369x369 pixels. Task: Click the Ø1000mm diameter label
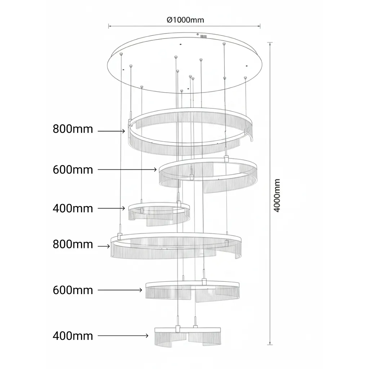coord(185,20)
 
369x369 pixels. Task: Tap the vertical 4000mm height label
coord(277,195)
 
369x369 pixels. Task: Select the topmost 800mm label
coord(73,129)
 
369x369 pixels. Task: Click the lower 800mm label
coord(73,244)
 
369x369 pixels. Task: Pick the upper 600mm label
coord(73,170)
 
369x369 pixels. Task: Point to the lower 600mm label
coord(73,290)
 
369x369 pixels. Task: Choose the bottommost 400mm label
coord(73,336)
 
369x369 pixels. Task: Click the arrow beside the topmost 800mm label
coord(111,131)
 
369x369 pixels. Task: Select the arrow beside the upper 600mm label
coord(127,169)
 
